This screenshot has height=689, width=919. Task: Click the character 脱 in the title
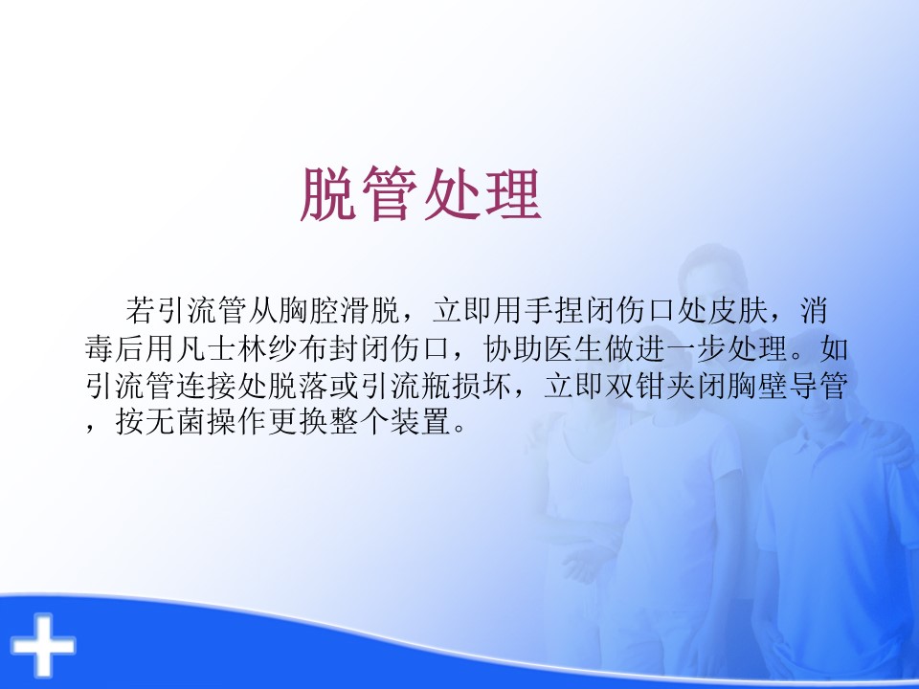[x=328, y=194]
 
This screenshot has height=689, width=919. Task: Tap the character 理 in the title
[x=512, y=194]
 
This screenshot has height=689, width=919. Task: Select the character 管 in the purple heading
[x=390, y=194]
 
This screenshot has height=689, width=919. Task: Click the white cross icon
[x=43, y=645]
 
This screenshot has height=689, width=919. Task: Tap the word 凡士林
[x=223, y=348]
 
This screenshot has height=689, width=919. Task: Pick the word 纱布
[x=299, y=348]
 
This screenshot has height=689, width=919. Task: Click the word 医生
[x=573, y=348]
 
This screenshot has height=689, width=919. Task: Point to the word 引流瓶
[x=406, y=386]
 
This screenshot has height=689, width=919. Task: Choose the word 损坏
[x=482, y=386]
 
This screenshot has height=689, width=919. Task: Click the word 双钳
[x=634, y=386]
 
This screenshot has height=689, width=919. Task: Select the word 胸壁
[x=756, y=386]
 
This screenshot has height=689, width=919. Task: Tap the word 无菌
[x=177, y=422]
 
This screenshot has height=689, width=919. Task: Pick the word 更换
[x=299, y=422]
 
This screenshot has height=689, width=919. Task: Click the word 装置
[x=421, y=422]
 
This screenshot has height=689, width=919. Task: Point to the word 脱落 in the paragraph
[x=299, y=386]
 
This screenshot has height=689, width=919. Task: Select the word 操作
[x=238, y=422]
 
